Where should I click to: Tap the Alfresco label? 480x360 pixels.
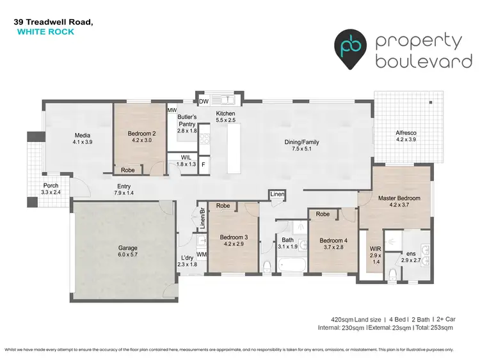(x=406, y=133)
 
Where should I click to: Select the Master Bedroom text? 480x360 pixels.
(x=399, y=198)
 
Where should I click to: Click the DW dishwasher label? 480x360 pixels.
(x=204, y=100)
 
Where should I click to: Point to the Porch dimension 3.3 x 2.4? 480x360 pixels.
(x=51, y=191)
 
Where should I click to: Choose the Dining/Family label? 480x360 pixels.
(x=301, y=142)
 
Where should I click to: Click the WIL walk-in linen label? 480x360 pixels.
(x=186, y=157)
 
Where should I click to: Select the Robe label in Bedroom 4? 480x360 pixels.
(x=323, y=214)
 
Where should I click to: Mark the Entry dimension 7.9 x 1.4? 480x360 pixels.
(x=124, y=192)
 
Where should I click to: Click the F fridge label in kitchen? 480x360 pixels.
(x=204, y=164)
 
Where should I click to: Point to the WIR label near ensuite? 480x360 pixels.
(x=375, y=249)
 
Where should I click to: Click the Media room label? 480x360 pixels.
(x=83, y=135)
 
